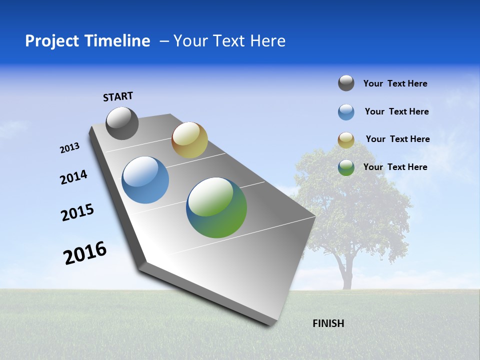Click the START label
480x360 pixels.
click(x=118, y=96)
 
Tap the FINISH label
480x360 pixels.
click(x=328, y=323)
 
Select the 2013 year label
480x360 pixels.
click(x=69, y=148)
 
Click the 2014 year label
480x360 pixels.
click(x=73, y=177)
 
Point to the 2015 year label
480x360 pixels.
click(x=77, y=212)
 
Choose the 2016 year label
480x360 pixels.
click(x=85, y=252)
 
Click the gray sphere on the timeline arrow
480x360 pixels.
click(x=122, y=123)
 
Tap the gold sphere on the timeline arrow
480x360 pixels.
click(x=189, y=140)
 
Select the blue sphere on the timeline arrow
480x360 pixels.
click(x=145, y=180)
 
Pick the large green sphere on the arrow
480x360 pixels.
click(x=216, y=207)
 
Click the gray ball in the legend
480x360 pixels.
click(x=346, y=83)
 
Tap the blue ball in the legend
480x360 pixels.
click(x=346, y=112)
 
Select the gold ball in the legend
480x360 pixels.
click(x=346, y=140)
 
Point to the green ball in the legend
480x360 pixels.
click(x=346, y=167)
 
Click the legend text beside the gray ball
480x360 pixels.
click(x=395, y=83)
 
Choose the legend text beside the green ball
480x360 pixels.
click(x=395, y=167)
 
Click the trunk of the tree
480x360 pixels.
click(x=345, y=272)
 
